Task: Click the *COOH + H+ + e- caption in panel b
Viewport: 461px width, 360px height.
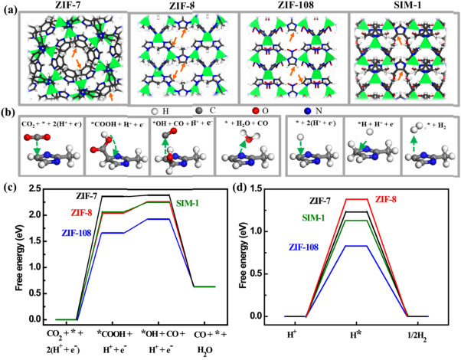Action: [x=110, y=123]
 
